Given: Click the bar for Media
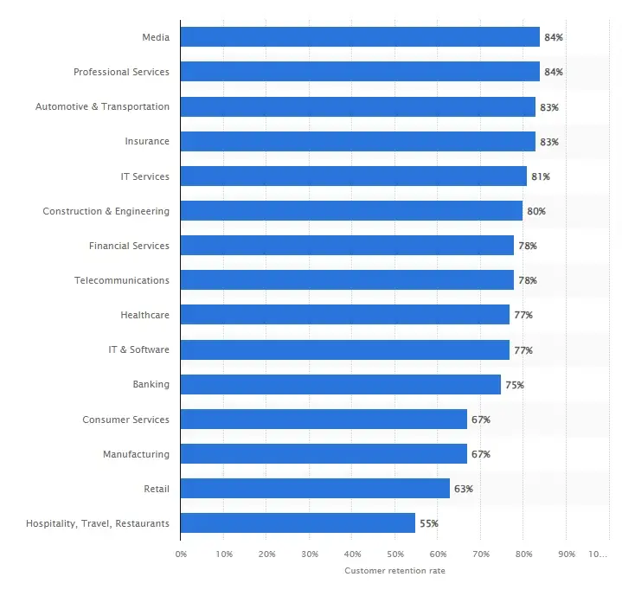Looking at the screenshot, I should coord(360,37).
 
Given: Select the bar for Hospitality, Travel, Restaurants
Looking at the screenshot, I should coord(298,523).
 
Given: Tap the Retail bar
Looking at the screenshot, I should coord(315,489).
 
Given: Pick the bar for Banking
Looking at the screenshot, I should coord(341,385).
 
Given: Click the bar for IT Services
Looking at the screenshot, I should coord(354,176).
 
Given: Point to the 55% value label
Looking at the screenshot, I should coord(429,523).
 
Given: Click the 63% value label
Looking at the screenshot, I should coord(464,489).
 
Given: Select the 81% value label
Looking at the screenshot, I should coord(541,176).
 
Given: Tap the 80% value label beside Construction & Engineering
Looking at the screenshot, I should coord(536,211).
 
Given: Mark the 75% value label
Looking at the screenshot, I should coord(515,385).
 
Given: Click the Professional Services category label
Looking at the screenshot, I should coord(121,72).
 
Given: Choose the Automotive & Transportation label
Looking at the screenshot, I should coord(102,106).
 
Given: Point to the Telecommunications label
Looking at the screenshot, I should coord(123,280).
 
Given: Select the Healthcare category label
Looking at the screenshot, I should coord(144,315).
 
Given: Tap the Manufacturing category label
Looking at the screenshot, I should coord(136,454).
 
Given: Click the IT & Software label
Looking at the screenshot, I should coord(139,350).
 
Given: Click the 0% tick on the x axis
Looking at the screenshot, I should coord(181,554).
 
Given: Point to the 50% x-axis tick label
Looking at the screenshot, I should coord(395,554).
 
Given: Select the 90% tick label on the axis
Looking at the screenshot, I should coord(566,554).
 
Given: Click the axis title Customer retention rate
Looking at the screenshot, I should coord(394,571).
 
